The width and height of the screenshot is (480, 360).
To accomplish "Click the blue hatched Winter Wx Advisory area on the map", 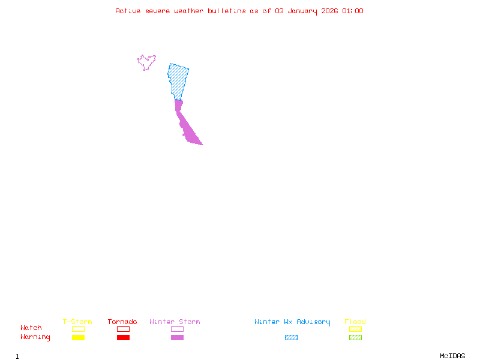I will tap(178, 80).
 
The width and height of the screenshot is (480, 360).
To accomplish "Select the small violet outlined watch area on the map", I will tap(146, 62).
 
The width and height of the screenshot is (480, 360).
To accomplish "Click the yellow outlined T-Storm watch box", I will tap(78, 329).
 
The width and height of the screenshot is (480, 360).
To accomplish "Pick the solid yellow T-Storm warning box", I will tap(78, 337).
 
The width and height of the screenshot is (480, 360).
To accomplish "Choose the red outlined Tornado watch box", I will tap(123, 329).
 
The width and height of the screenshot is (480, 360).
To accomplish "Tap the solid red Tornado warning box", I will tap(123, 337).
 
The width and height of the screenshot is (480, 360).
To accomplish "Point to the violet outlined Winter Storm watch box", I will tap(177, 329).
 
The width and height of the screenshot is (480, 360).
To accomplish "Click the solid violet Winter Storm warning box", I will tap(177, 337).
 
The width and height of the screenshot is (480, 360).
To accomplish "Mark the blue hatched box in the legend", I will tap(291, 337).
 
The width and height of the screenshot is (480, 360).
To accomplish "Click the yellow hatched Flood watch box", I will tap(355, 329).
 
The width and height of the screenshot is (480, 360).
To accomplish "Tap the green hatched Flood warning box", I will tap(355, 337).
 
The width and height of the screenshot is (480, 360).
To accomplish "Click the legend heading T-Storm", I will tap(77, 322).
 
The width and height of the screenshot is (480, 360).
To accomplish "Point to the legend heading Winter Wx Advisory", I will tap(292, 322).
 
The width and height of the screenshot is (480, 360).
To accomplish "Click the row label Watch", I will tap(31, 328).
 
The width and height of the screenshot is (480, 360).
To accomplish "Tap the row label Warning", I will tap(35, 337).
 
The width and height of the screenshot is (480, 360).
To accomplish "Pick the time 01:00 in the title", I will tap(353, 11).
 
